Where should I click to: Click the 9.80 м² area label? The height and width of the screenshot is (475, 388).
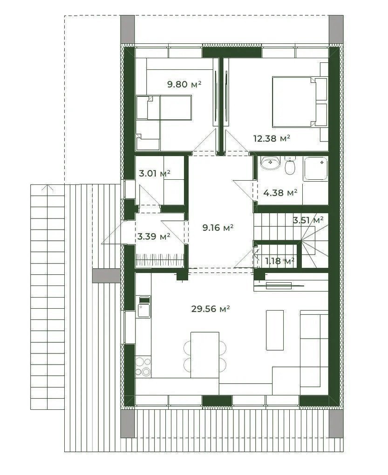184,84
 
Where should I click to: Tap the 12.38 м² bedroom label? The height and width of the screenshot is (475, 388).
272,138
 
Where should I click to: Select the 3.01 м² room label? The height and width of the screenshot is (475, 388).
155,174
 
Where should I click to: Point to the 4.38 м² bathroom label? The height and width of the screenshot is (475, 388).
280,193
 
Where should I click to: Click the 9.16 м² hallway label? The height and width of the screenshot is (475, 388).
218,228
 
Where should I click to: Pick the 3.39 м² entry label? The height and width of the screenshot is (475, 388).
154,236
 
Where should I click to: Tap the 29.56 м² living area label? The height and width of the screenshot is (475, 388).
211,309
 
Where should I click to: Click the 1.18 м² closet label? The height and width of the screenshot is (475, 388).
280,261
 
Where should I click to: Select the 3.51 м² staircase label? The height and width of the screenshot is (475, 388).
308,220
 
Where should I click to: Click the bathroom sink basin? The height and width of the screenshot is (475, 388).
271,163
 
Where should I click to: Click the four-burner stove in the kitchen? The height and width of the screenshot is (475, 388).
143,366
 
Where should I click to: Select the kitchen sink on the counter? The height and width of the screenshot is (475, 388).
144,310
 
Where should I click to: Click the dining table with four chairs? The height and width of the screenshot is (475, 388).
205,355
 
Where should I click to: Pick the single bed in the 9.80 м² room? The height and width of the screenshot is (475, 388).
164,108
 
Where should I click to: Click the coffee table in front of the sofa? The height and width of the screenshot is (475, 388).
275,330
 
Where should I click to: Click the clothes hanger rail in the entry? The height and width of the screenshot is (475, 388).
160,260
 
